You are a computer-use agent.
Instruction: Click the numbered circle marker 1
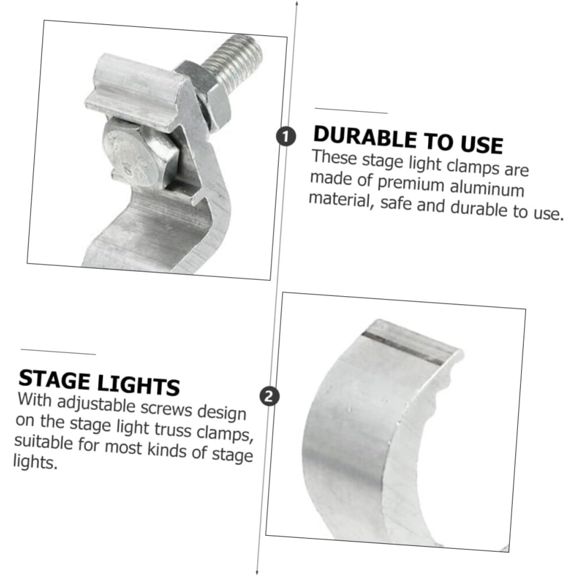tap(286, 136)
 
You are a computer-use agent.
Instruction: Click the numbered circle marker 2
tap(269, 397)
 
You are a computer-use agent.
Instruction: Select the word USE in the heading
tap(482, 143)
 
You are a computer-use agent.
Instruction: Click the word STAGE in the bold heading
tap(54, 379)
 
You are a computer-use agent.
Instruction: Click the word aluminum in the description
tap(487, 189)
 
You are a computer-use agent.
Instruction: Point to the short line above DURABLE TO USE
tap(351, 111)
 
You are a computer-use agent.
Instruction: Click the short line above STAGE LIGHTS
tap(58, 352)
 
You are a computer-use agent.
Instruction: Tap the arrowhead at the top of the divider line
tap(297, 3)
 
